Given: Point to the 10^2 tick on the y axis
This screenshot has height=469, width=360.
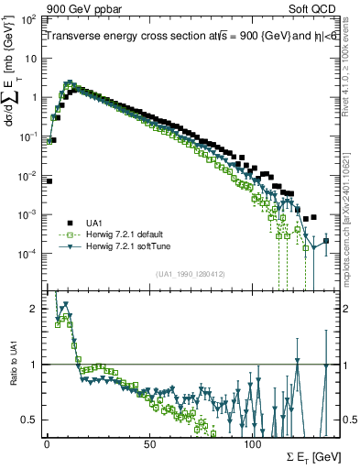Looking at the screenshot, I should (x=30, y=19).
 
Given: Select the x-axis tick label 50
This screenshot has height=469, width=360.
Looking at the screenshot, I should (x=149, y=442).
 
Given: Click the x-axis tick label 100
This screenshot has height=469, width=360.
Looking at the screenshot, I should (x=253, y=442).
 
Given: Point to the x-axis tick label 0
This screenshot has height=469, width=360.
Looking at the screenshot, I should (x=47, y=442).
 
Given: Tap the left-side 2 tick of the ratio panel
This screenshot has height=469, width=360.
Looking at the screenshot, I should (x=33, y=310).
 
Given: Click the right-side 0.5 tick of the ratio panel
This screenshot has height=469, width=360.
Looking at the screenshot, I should (x=349, y=420).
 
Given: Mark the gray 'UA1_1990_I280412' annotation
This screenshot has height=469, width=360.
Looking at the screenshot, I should (x=191, y=273).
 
